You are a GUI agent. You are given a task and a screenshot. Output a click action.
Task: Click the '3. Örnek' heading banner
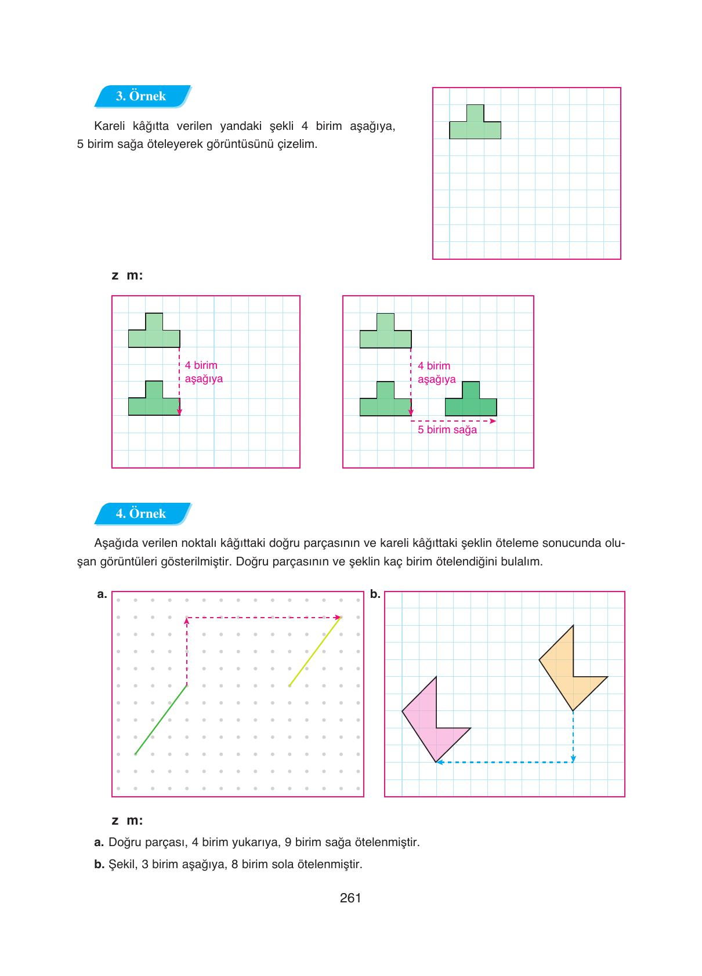pyautogui.click(x=142, y=96)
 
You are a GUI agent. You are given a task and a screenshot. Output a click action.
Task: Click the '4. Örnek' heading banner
pyautogui.click(x=142, y=514)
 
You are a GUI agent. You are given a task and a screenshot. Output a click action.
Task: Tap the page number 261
pyautogui.click(x=350, y=898)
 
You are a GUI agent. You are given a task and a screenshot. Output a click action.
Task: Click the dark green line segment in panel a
pyautogui.click(x=161, y=720)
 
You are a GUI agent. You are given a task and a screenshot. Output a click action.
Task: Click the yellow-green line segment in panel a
pyautogui.click(x=314, y=652)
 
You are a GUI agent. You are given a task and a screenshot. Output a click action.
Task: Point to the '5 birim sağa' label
pyautogui.click(x=447, y=430)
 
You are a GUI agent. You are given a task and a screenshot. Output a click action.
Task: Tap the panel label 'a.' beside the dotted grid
pyautogui.click(x=102, y=594)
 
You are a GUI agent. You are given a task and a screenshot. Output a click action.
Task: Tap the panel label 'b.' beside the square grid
pyautogui.click(x=375, y=594)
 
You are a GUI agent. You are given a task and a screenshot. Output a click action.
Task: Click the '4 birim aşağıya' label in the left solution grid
pyautogui.click(x=204, y=372)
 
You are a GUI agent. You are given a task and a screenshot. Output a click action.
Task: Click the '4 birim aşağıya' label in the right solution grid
pyautogui.click(x=436, y=373)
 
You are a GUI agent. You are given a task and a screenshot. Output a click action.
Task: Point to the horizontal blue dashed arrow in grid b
pyautogui.click(x=505, y=762)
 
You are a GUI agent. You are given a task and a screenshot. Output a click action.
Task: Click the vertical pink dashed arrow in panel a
pyautogui.click(x=187, y=652)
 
